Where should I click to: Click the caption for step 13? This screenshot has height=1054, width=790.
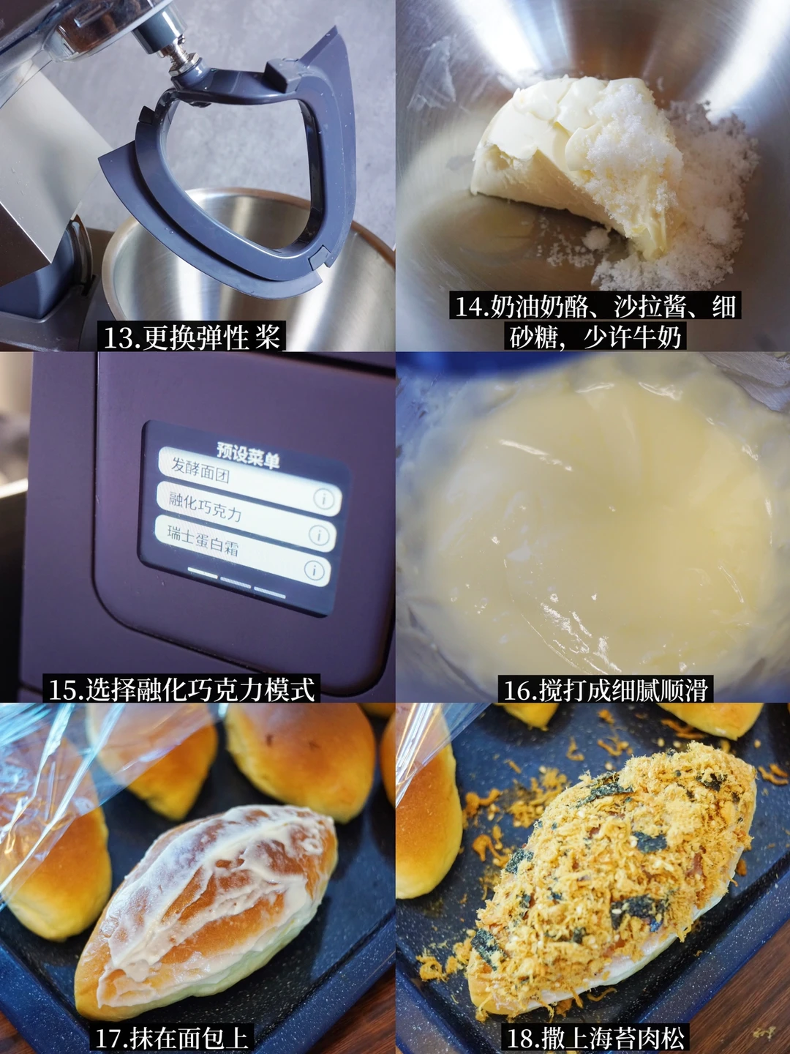click(191, 337)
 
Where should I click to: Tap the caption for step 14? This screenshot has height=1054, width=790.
click(595, 321)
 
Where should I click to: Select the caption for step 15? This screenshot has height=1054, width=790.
click(181, 689)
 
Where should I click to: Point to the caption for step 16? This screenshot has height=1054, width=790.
click(605, 689)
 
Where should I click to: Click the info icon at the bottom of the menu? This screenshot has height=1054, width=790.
click(315, 571)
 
